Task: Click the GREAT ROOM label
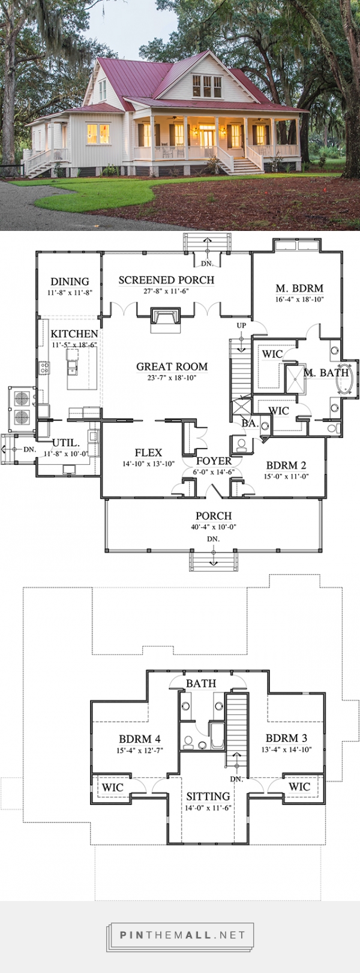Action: [x=172, y=367]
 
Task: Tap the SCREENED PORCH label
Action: [x=166, y=280]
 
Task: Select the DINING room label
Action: [x=70, y=281]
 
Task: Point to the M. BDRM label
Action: [x=299, y=289]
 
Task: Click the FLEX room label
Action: [x=148, y=453]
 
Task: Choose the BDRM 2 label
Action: [x=286, y=465]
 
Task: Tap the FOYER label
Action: [x=214, y=461]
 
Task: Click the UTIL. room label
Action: [x=65, y=443]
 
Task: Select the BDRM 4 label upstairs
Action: [x=139, y=739]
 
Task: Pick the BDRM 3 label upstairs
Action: [x=286, y=738]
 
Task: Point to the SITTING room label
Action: [x=208, y=796]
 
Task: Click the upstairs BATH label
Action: [x=200, y=683]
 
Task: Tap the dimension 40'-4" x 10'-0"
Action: [x=213, y=527]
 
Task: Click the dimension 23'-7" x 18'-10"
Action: [x=172, y=377]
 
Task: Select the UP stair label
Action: [x=241, y=326]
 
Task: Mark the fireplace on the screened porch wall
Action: [x=164, y=319]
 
